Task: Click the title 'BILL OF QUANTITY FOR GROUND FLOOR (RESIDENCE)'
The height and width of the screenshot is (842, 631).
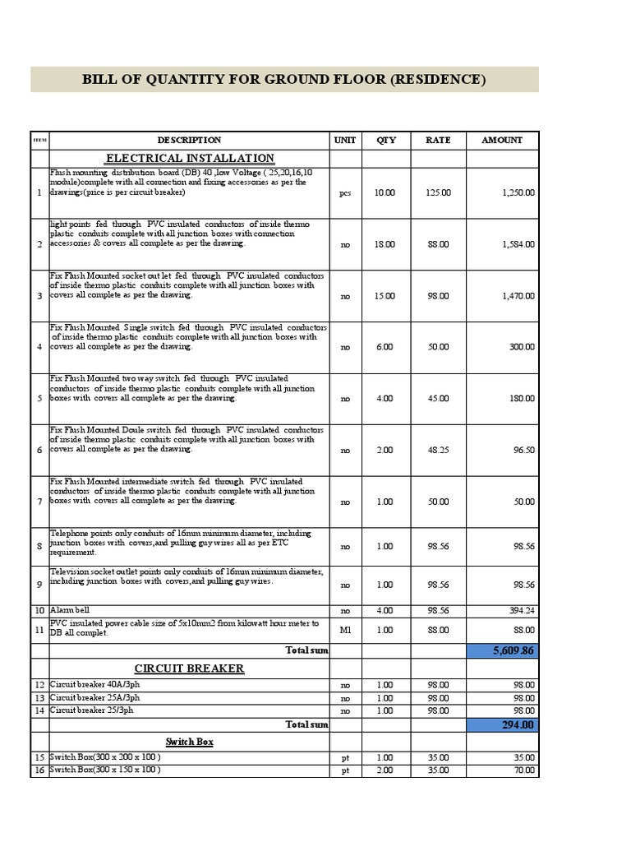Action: point(284,80)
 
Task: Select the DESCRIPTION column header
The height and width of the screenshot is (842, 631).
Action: point(189,141)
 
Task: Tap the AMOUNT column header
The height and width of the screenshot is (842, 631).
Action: point(501,141)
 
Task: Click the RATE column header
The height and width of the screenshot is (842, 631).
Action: point(438,141)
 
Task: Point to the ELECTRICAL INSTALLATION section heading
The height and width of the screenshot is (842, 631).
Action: point(190,158)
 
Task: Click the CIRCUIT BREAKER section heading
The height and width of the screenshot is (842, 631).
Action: point(189,669)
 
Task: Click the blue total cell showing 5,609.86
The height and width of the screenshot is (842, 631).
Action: point(502,650)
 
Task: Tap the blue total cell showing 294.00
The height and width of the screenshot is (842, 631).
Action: point(502,724)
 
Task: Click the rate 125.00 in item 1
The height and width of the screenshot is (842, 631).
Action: point(438,192)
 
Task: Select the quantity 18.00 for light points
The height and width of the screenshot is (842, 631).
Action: point(385,244)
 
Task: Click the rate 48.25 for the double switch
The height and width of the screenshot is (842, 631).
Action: point(438,451)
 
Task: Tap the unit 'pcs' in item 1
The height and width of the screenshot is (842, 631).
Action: point(345,193)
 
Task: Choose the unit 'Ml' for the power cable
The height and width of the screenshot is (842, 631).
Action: point(345,630)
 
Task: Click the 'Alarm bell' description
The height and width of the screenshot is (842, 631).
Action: point(71,610)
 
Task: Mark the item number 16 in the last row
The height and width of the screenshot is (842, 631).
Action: point(39,770)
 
